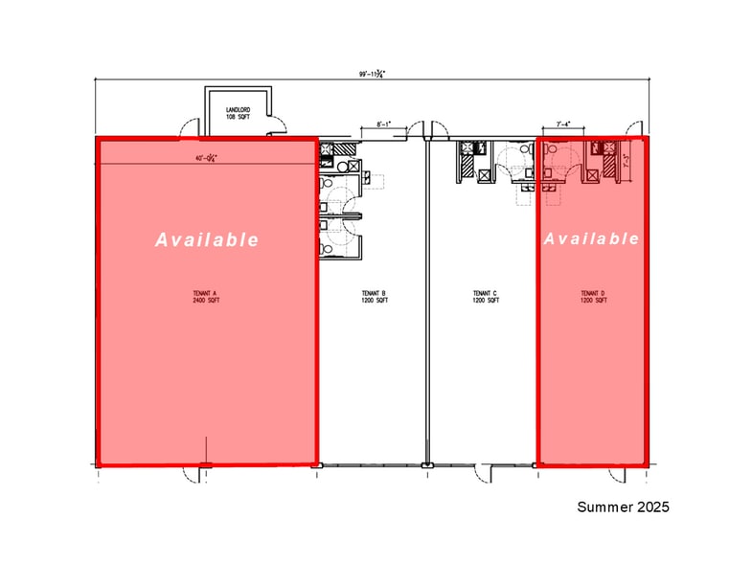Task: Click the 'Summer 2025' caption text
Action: click(x=623, y=507)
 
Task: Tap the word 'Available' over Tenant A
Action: click(x=207, y=239)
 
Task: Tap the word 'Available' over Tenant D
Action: click(x=591, y=238)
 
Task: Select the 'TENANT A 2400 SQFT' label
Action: click(x=207, y=297)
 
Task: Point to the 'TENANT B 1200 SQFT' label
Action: click(x=374, y=297)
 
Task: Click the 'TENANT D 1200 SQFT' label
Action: click(x=594, y=297)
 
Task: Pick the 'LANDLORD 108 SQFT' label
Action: click(x=237, y=114)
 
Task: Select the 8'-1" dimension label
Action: click(x=384, y=124)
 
